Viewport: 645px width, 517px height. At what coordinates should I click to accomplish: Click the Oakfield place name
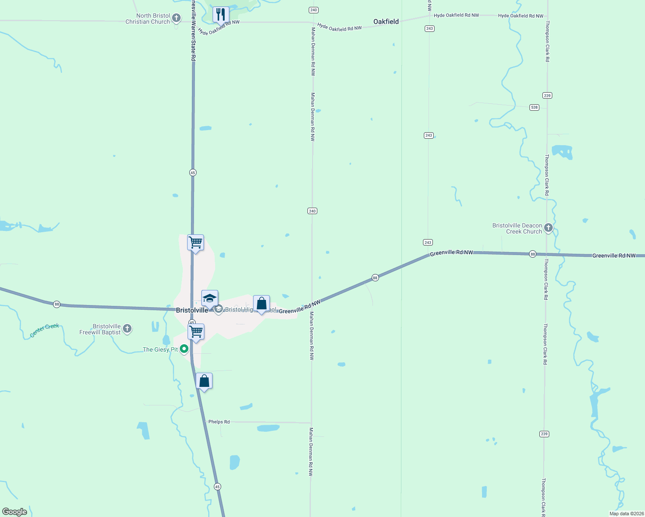[x=386, y=22]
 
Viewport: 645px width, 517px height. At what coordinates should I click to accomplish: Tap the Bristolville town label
[x=192, y=310]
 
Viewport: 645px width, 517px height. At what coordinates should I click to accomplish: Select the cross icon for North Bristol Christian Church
[x=176, y=18]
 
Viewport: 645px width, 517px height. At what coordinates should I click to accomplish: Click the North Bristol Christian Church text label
[x=147, y=19]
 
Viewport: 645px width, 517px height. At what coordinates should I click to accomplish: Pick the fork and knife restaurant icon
[x=221, y=14]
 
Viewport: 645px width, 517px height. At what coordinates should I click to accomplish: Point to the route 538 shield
[x=535, y=107]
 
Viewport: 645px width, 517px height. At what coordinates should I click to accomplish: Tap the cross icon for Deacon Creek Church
[x=548, y=228]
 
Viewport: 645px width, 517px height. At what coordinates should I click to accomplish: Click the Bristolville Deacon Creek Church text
[x=517, y=228]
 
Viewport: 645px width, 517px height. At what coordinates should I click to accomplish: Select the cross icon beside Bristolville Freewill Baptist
[x=127, y=329]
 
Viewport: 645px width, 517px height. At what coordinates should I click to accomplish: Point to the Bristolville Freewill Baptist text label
[x=100, y=329]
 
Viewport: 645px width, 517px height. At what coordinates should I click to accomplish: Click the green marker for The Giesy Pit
[x=184, y=349]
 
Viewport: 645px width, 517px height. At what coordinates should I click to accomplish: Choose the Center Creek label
[x=44, y=330]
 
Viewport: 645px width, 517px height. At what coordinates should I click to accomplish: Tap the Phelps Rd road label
[x=219, y=422]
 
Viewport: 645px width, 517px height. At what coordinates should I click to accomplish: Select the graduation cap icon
[x=210, y=298]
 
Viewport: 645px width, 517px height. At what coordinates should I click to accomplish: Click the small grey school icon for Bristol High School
[x=219, y=309]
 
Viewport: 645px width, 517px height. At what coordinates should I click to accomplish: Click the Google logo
[x=14, y=512]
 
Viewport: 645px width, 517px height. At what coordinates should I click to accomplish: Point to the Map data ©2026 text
[x=626, y=514]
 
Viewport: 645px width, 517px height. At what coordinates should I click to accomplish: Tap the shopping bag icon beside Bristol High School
[x=261, y=303]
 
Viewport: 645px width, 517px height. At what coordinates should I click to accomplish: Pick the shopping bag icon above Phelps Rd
[x=204, y=381]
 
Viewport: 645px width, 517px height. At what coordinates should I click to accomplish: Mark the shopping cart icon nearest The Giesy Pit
[x=196, y=332]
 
